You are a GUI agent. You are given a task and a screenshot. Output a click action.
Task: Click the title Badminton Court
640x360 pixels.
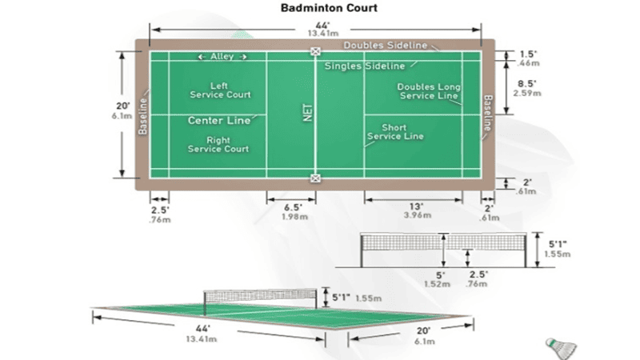click(318, 9)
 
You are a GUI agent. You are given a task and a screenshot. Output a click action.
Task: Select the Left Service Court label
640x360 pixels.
click(220, 90)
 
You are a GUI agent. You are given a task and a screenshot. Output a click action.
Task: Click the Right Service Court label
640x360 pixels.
click(218, 145)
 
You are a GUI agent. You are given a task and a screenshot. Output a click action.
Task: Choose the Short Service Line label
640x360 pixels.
click(396, 132)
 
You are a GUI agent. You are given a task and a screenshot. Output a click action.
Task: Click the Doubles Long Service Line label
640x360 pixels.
click(429, 91)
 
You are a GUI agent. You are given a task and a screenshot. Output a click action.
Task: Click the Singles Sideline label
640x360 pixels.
click(365, 66)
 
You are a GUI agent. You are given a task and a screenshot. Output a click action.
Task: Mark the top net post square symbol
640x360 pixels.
click(316, 52)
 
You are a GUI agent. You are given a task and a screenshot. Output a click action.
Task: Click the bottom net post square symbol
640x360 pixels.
click(316, 178)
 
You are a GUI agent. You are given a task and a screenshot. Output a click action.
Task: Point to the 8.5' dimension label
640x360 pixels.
click(526, 83)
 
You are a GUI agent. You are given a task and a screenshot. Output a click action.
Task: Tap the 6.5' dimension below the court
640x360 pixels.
click(292, 207)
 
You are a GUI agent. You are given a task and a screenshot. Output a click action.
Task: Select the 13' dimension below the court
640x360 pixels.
click(413, 207)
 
